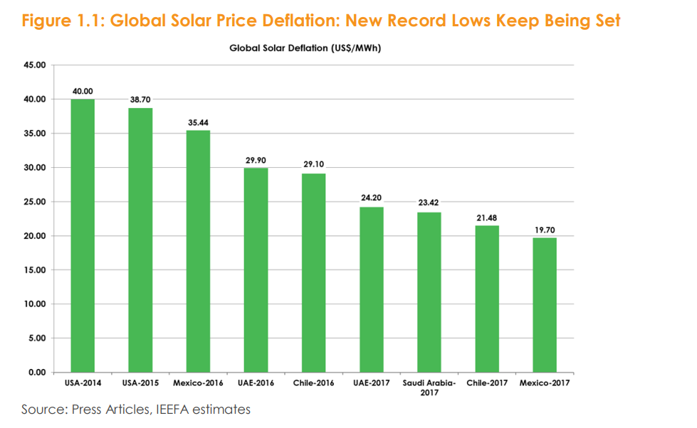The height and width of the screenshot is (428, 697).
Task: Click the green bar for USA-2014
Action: (x=83, y=235)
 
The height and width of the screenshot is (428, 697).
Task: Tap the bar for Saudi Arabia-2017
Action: (x=429, y=292)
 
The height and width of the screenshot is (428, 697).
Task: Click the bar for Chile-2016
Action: (x=314, y=273)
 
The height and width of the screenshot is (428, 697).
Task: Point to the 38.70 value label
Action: (x=141, y=100)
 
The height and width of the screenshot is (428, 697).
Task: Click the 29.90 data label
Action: (x=256, y=161)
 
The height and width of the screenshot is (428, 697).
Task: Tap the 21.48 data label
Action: (x=487, y=218)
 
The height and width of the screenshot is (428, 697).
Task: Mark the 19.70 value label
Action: (x=545, y=230)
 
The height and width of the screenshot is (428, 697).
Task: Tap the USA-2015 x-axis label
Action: (x=140, y=384)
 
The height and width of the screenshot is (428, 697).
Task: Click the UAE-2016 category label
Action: (x=256, y=384)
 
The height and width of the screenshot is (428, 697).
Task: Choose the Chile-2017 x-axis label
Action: (x=487, y=384)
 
